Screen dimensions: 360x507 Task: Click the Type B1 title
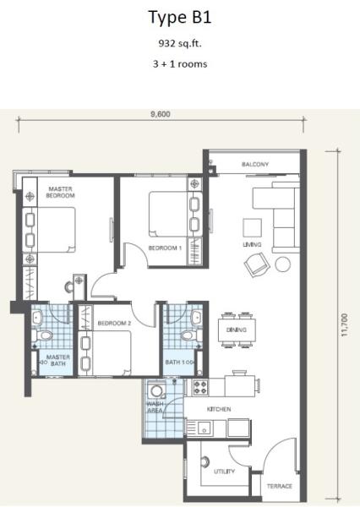click(180, 18)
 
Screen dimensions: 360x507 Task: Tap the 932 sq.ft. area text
click(180, 43)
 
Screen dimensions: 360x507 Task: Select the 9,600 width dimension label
click(161, 114)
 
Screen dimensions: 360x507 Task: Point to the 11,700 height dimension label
click(345, 324)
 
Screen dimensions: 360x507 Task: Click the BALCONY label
click(255, 164)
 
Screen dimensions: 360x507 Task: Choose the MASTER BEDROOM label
click(60, 192)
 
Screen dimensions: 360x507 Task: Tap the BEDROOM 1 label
click(165, 248)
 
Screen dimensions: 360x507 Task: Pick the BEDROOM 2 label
click(114, 323)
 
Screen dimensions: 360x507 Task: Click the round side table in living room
click(283, 264)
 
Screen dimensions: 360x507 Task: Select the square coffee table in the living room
click(253, 228)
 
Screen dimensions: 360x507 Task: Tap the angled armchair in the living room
click(257, 264)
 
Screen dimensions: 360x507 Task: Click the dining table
click(237, 330)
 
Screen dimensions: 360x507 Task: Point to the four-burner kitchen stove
click(200, 387)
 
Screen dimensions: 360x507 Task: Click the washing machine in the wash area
click(156, 390)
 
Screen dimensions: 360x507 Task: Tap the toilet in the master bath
click(43, 335)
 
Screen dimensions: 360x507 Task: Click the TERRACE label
click(280, 486)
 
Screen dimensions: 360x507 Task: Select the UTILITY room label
click(224, 472)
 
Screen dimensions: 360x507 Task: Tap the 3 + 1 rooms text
click(180, 63)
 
